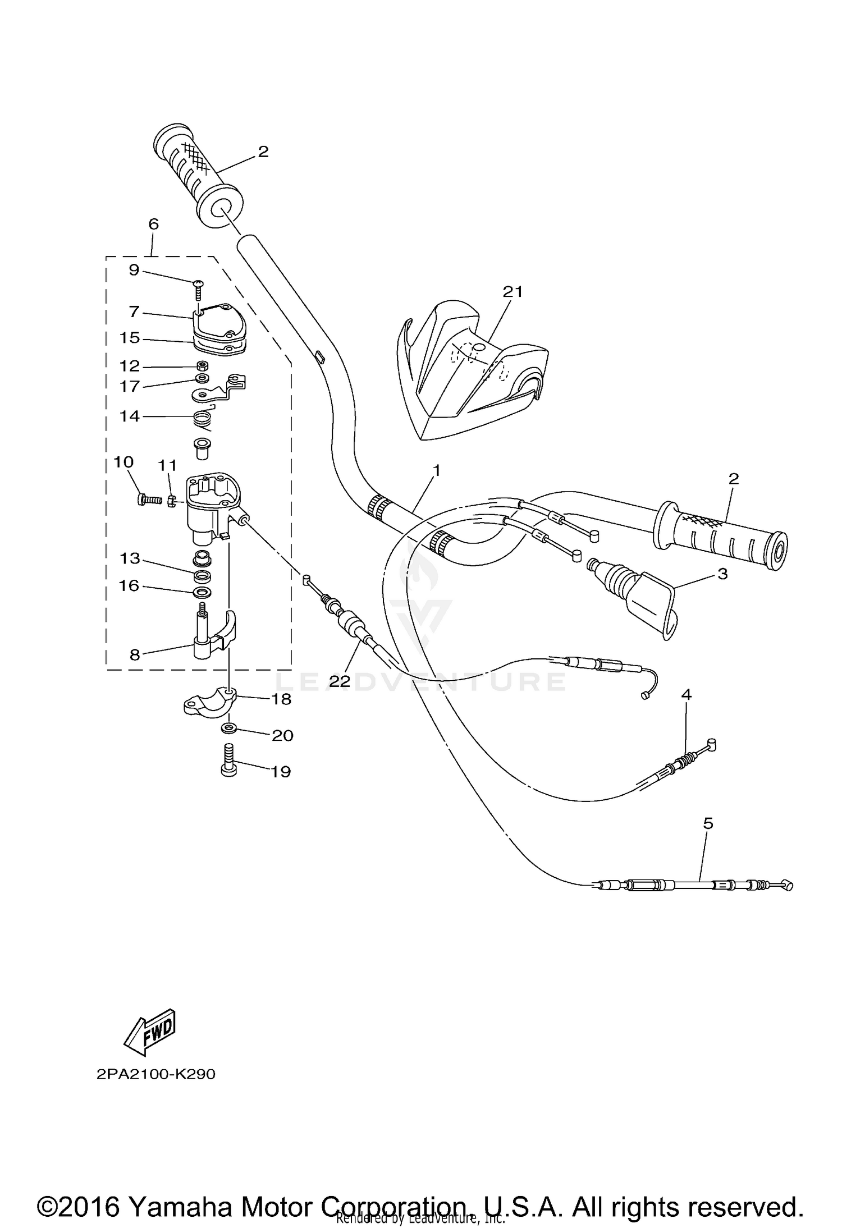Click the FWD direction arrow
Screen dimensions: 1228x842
(150, 1031)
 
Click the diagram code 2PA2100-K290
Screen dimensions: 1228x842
(155, 1074)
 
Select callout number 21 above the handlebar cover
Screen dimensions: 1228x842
(512, 291)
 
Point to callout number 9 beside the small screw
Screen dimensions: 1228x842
(134, 270)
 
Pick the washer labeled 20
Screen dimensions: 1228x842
(228, 728)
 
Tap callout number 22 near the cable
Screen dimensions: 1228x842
(340, 681)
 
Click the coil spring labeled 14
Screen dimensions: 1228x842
(203, 419)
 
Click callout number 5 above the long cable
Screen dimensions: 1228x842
(708, 823)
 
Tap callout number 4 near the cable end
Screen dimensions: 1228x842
(686, 694)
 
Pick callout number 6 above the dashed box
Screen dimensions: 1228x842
(153, 224)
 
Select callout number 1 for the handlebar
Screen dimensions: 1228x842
(436, 470)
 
